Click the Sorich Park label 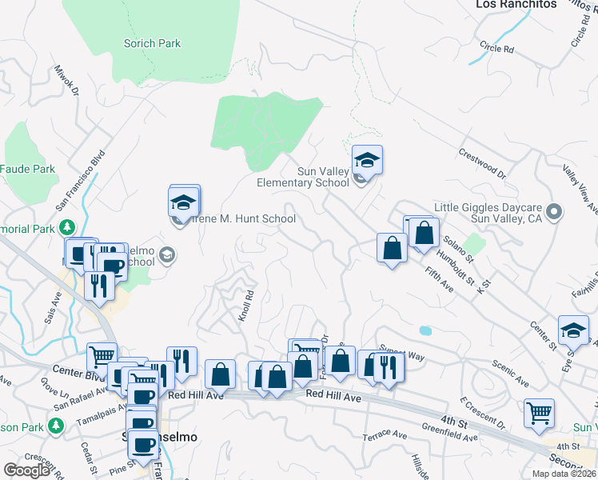pos(152,44)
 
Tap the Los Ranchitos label pos(516,4)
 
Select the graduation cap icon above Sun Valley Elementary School pos(367,160)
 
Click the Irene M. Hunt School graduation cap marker pos(184,201)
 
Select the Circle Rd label pos(497,49)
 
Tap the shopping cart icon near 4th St pos(539,414)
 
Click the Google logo pos(26,470)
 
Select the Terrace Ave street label pos(385,434)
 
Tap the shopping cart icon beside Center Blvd pos(102,357)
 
